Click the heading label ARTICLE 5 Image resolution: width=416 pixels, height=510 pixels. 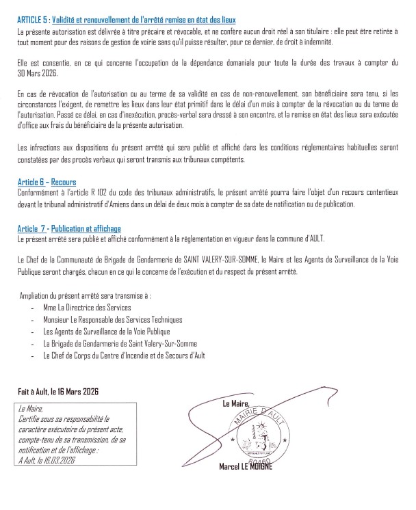click(x=31, y=22)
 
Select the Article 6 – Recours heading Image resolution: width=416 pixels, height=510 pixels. click(x=47, y=183)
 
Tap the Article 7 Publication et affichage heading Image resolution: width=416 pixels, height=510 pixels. click(x=70, y=228)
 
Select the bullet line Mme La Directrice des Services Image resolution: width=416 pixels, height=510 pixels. click(x=87, y=308)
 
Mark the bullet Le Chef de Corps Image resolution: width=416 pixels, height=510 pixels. click(x=123, y=355)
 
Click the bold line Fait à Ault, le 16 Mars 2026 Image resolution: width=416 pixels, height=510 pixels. click(x=59, y=392)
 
